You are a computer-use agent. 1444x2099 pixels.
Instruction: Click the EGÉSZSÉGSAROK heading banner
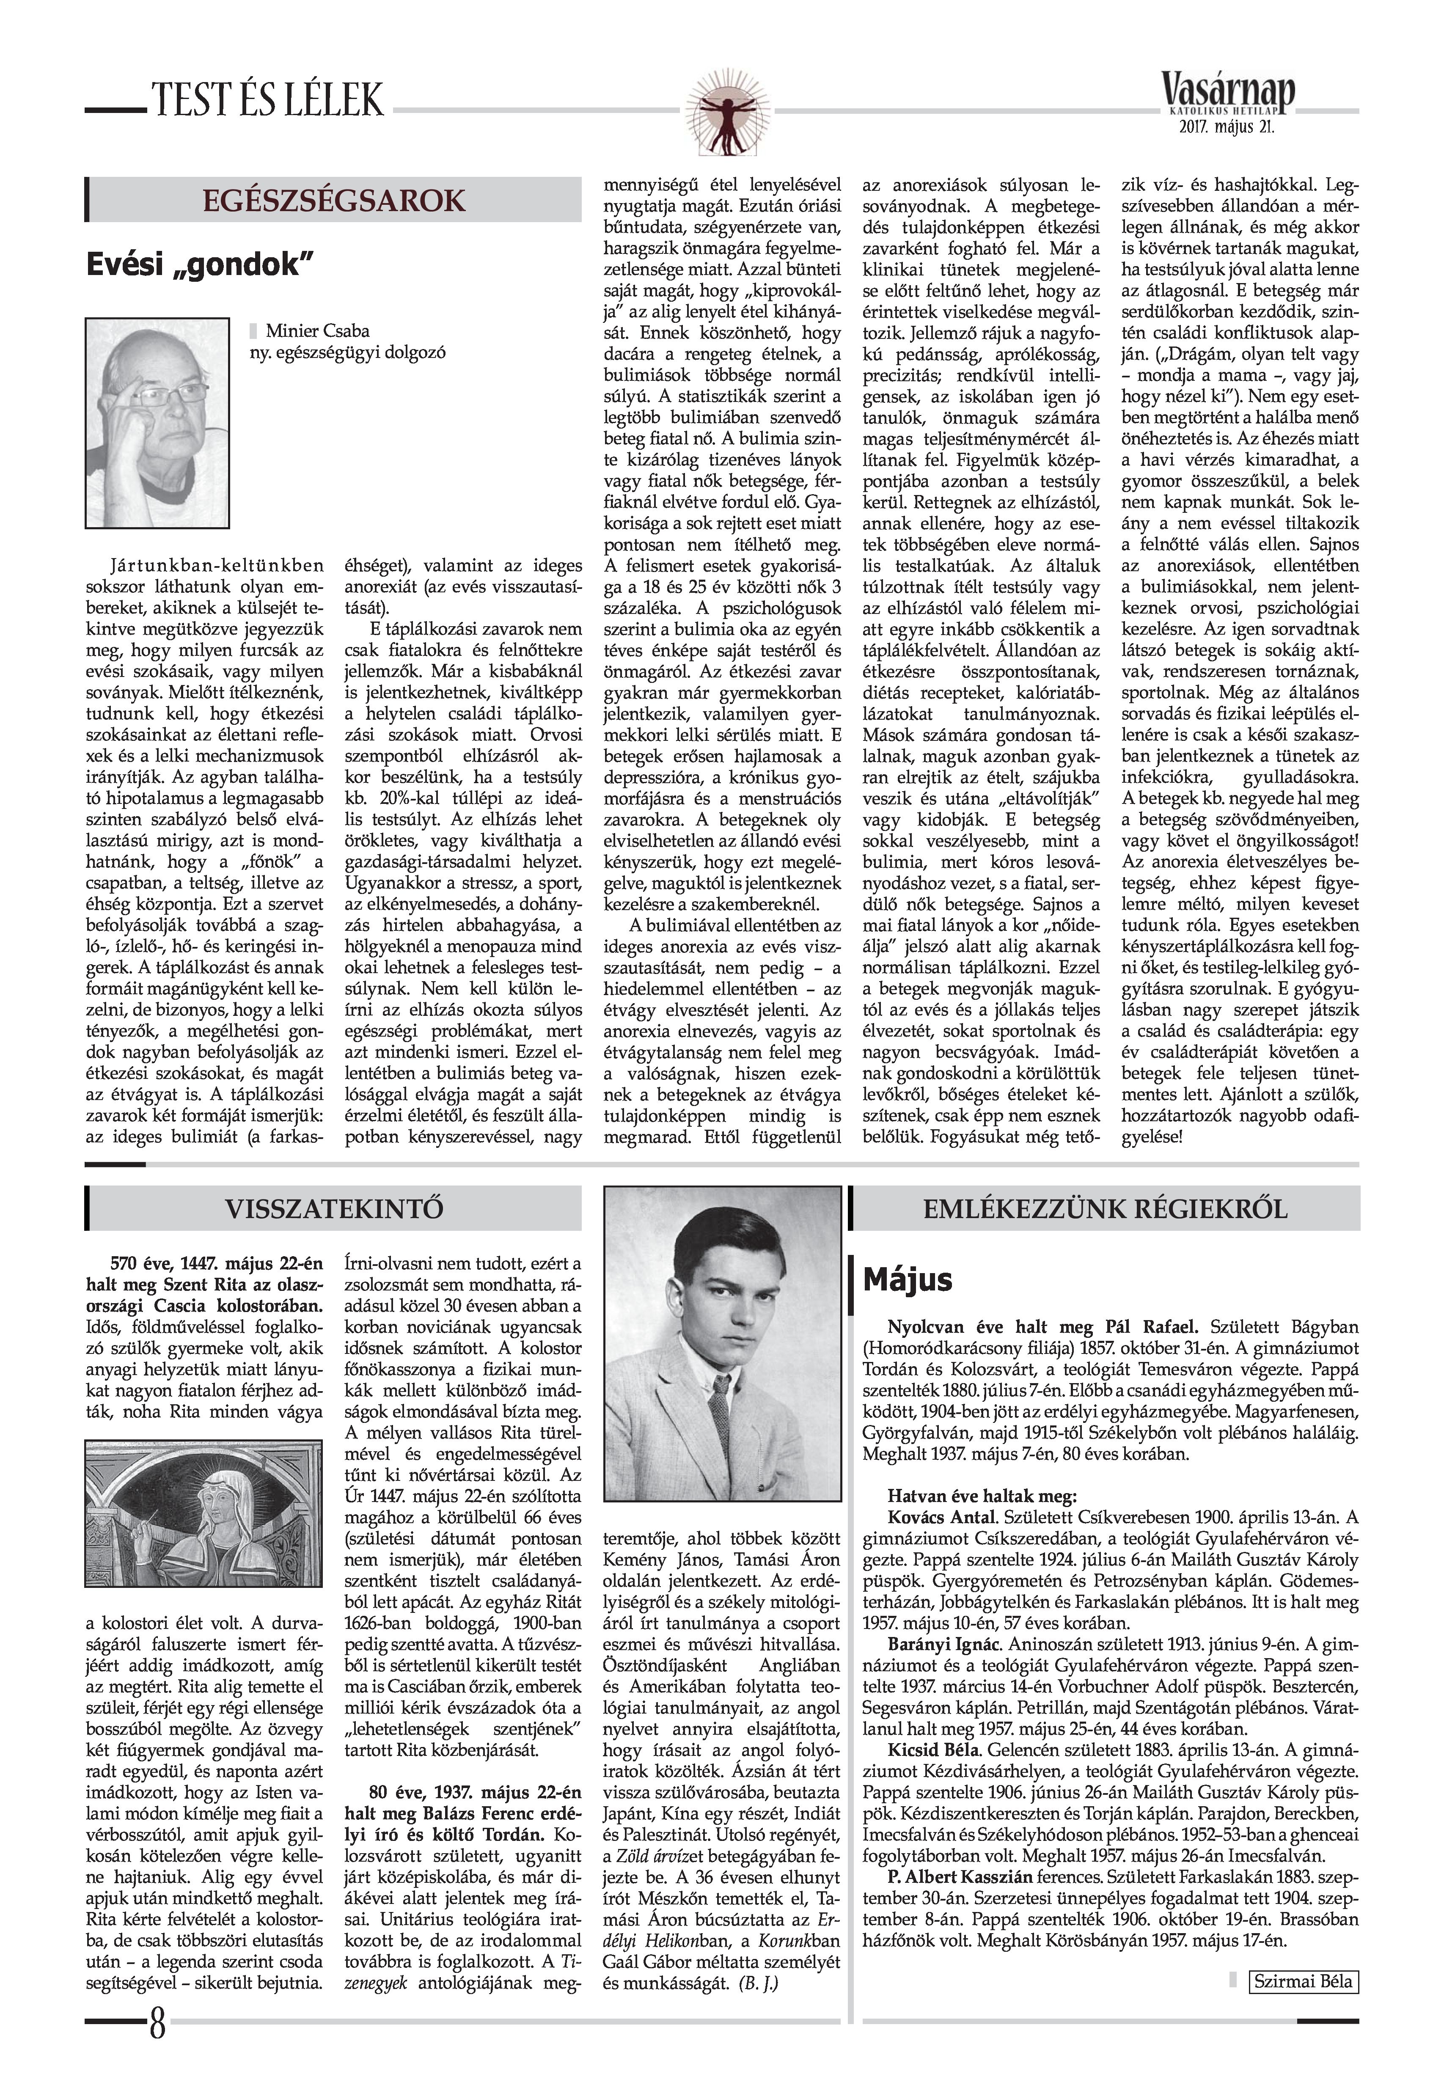(335, 200)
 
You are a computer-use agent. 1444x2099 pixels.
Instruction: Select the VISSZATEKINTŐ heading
(335, 1209)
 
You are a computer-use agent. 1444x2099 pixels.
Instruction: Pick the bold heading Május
(908, 1279)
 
